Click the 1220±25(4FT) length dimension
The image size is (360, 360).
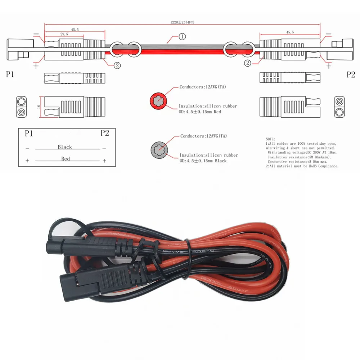pos(182,22)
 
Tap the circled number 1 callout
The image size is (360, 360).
pos(182,36)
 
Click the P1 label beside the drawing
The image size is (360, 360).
pos(10,75)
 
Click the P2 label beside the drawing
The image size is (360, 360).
pos(351,75)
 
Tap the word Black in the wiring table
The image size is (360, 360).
pos(65,147)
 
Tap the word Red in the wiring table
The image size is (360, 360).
pos(65,159)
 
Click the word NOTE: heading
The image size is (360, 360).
pos(270,139)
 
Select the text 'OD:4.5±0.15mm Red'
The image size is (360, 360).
pos(202,112)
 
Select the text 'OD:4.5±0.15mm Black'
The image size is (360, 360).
pos(203,161)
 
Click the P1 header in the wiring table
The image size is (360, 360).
pos(29,134)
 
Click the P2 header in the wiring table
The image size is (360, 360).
pos(104,133)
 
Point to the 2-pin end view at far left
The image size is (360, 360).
pos(22,107)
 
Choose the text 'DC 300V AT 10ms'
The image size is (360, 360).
pos(310,153)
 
